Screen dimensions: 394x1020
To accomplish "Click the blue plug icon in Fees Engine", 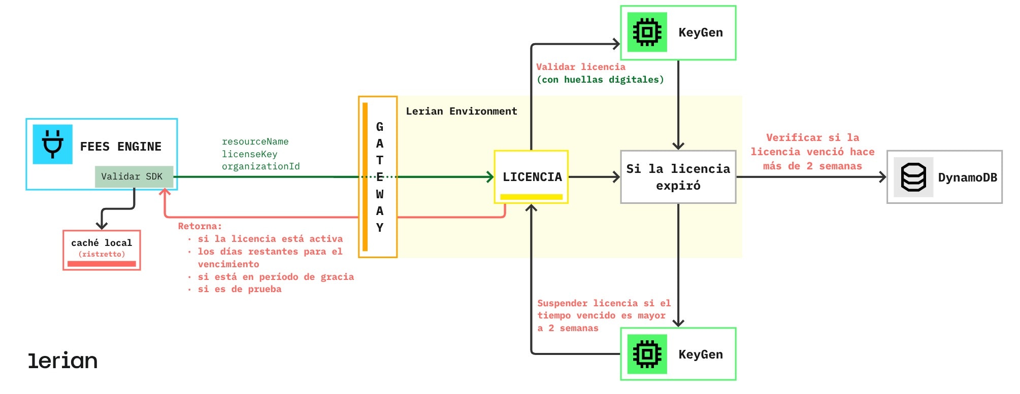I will [53, 144].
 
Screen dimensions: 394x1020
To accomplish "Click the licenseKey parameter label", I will [249, 154].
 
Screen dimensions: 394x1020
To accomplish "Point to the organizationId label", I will [260, 166].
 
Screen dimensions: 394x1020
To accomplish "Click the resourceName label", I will [255, 141].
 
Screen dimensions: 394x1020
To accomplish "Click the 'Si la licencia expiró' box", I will [678, 177].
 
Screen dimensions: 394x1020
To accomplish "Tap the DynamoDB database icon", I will [913, 177].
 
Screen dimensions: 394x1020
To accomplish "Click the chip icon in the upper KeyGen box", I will [647, 32].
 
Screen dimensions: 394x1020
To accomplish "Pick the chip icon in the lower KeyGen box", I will [647, 354].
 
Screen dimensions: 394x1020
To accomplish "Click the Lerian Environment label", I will [461, 111].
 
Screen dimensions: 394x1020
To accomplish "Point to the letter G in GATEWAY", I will [379, 127].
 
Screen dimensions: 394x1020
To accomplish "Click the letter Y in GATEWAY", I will [379, 228].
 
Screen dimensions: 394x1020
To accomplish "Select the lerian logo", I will [62, 361].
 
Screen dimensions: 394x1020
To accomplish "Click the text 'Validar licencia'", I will [580, 67].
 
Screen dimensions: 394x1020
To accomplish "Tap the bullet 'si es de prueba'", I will [239, 289].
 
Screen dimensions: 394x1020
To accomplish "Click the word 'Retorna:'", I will [200, 226].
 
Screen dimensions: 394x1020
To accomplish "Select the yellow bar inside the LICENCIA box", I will [531, 197].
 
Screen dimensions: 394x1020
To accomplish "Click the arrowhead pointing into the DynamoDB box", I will [882, 177].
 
